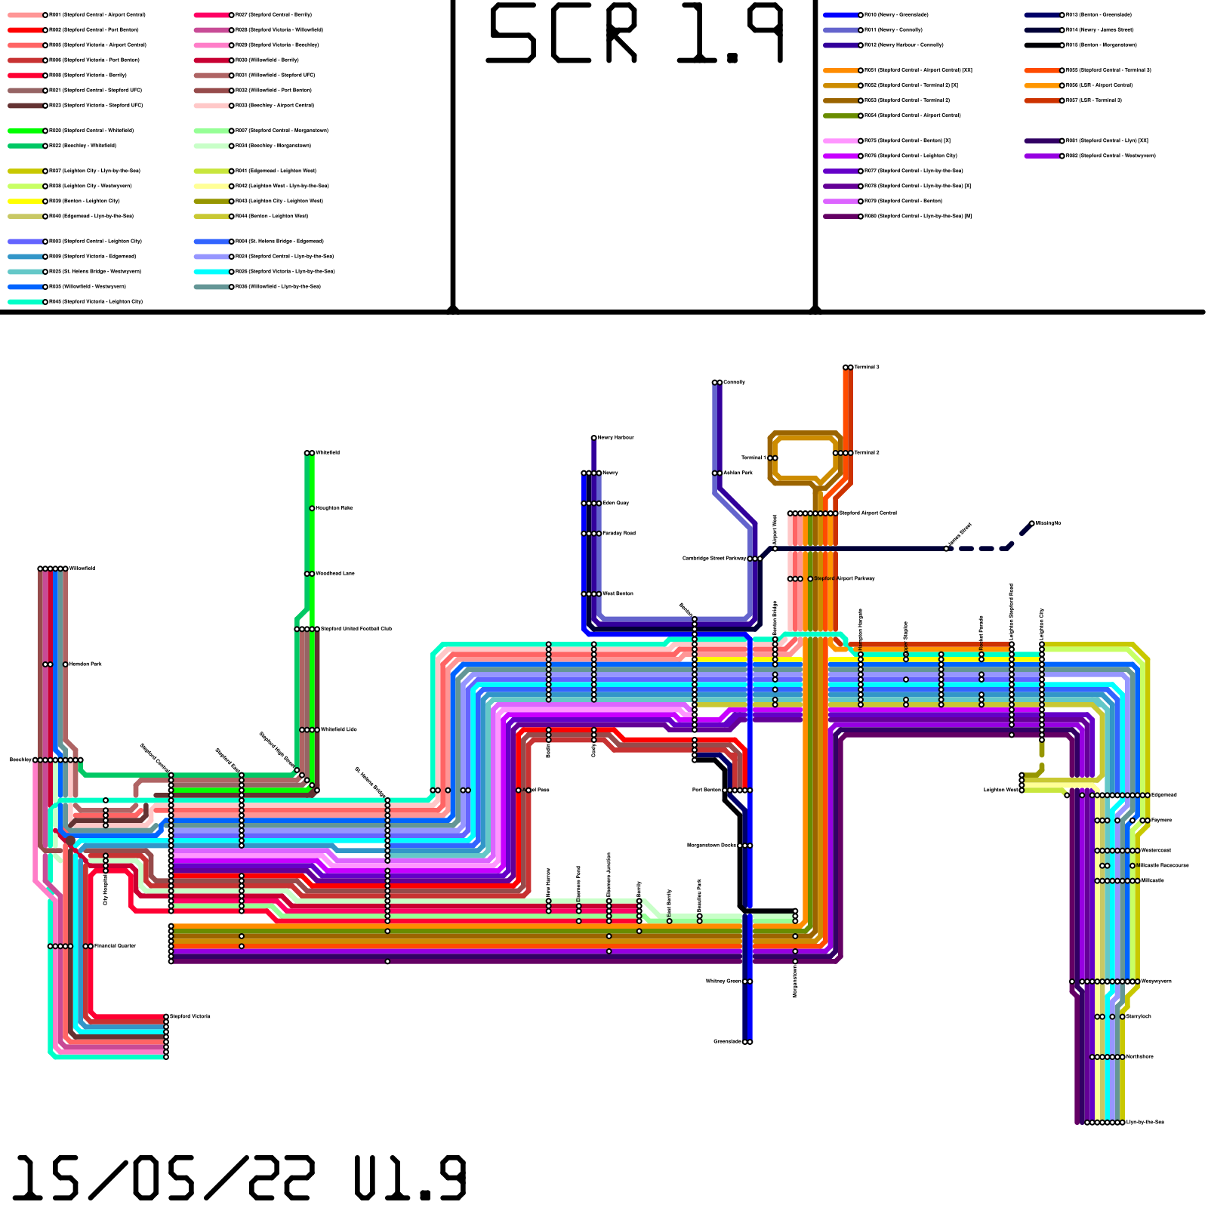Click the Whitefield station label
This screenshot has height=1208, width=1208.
click(328, 453)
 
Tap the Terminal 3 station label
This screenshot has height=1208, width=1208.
click(867, 368)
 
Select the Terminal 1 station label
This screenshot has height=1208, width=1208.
click(753, 458)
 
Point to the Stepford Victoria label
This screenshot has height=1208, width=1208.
click(190, 1017)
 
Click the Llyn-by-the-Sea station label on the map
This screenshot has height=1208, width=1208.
click(1145, 1123)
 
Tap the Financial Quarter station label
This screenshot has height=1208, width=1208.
click(115, 946)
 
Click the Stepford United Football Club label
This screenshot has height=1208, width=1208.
click(356, 629)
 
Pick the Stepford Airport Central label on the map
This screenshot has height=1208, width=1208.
click(868, 513)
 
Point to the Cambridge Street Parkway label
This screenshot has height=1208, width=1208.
click(714, 559)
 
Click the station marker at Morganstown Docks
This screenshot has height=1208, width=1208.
click(745, 846)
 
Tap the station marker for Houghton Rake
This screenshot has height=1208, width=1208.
click(312, 509)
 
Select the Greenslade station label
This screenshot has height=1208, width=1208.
click(727, 1042)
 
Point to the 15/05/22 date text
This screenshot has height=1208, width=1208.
click(162, 1179)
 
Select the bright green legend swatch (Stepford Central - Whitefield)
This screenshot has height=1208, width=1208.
click(25, 131)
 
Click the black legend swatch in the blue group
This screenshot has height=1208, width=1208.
click(1042, 45)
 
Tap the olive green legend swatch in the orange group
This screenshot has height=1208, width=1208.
click(840, 116)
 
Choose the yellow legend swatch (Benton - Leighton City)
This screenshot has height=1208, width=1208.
click(25, 202)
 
